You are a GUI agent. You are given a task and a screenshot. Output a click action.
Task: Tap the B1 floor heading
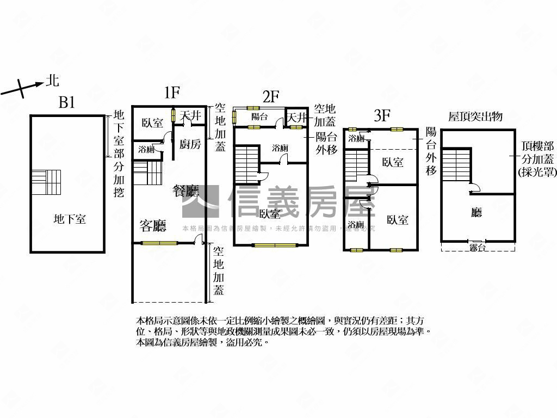66,103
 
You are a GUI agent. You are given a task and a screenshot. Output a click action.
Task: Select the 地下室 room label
70,219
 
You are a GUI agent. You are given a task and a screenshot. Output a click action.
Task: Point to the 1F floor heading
171,93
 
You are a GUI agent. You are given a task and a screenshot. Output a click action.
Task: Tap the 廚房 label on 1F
190,144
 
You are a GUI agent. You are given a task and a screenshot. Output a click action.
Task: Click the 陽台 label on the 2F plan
259,117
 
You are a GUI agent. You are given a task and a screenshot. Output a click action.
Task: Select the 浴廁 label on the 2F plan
280,147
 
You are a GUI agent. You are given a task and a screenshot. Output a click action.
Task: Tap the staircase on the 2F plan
247,164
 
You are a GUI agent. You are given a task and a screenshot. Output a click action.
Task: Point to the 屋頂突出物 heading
475,117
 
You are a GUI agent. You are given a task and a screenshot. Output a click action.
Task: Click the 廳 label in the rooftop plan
476,213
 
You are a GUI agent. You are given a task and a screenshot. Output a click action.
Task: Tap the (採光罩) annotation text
536,172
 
